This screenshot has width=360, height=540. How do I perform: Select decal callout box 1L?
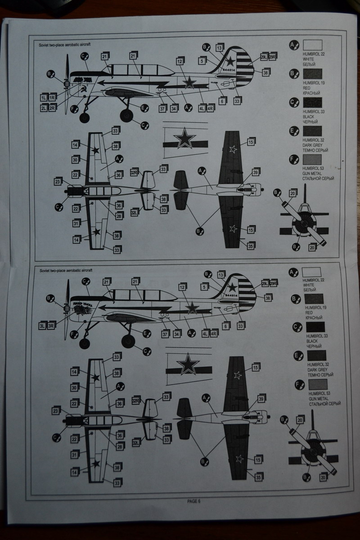[x=43, y=98]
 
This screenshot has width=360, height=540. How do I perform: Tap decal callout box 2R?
[x=52, y=108]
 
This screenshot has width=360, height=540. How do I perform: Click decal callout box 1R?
[x=52, y=98]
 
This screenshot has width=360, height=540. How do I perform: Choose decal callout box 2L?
[x=43, y=108]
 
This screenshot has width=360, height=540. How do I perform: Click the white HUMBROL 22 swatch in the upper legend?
[x=312, y=45]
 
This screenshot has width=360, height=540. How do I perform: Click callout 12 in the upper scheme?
[x=179, y=61]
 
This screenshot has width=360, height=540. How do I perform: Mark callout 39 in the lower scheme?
[x=261, y=398]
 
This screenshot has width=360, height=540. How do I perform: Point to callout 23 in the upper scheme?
[x=58, y=181]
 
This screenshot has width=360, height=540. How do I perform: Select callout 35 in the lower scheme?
[x=258, y=477]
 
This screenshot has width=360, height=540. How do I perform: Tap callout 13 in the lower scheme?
[x=220, y=275]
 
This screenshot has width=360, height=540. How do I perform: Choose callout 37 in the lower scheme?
[x=165, y=333]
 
